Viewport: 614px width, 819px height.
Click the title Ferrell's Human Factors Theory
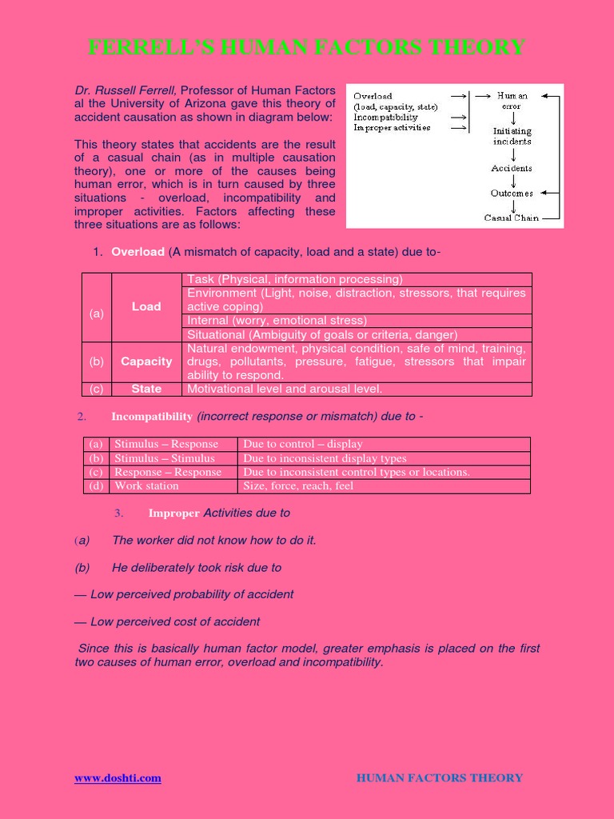[307, 48]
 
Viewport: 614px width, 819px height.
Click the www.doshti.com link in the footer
[118, 778]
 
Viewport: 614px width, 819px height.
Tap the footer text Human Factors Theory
[439, 778]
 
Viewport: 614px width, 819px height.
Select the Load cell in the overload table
[146, 307]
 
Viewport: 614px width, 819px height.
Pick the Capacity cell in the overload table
[146, 362]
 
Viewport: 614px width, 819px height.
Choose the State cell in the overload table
[146, 390]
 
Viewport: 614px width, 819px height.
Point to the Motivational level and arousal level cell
[284, 390]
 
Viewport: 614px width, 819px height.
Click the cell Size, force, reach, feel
[297, 486]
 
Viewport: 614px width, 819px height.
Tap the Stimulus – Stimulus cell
[164, 458]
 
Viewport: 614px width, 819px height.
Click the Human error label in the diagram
[512, 101]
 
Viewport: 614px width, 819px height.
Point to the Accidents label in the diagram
[512, 169]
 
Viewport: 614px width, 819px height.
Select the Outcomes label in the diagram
[512, 194]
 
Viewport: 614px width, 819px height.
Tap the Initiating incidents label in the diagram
[512, 136]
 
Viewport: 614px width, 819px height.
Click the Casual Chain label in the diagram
[512, 218]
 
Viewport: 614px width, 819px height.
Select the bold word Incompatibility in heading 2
[151, 417]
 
